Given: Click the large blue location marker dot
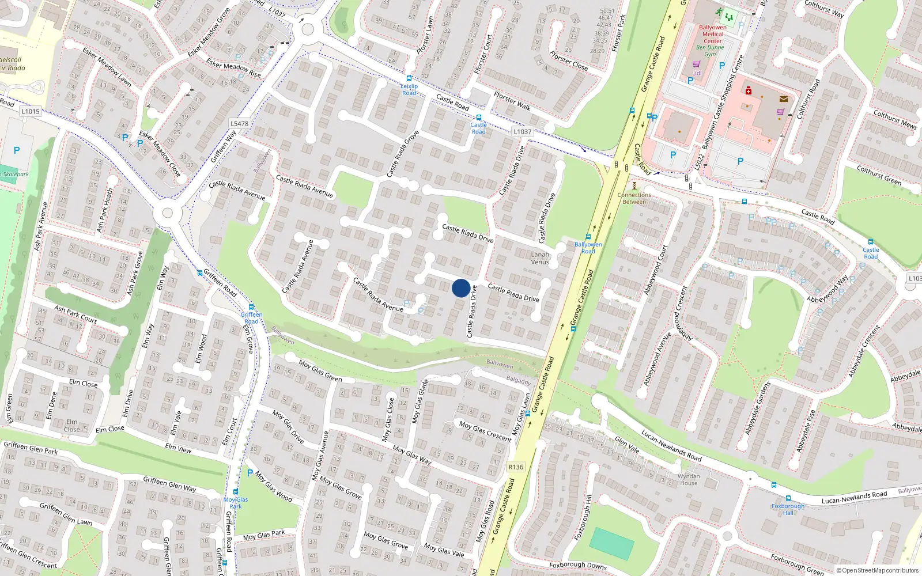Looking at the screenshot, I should click(460, 288).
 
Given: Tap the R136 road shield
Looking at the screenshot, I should click(516, 467).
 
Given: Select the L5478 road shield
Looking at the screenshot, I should click(239, 123).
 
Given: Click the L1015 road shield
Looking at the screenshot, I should click(30, 111).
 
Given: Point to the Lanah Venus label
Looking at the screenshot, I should click(540, 258).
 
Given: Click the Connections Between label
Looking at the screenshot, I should click(634, 198).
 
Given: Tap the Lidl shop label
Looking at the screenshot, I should click(697, 73).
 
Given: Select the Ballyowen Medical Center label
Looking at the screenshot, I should click(713, 34).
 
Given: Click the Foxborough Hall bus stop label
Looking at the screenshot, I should click(788, 509).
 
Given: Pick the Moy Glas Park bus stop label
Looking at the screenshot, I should click(236, 503).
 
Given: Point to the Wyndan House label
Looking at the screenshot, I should click(689, 479).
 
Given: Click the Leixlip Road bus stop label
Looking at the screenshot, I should click(409, 89).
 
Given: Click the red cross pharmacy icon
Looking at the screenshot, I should click(749, 90).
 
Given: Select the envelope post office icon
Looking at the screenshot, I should click(783, 99).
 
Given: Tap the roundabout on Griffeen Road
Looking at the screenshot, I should click(168, 213).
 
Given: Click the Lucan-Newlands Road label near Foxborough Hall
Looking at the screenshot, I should click(854, 497).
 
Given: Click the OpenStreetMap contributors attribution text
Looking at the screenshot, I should click(877, 570).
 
